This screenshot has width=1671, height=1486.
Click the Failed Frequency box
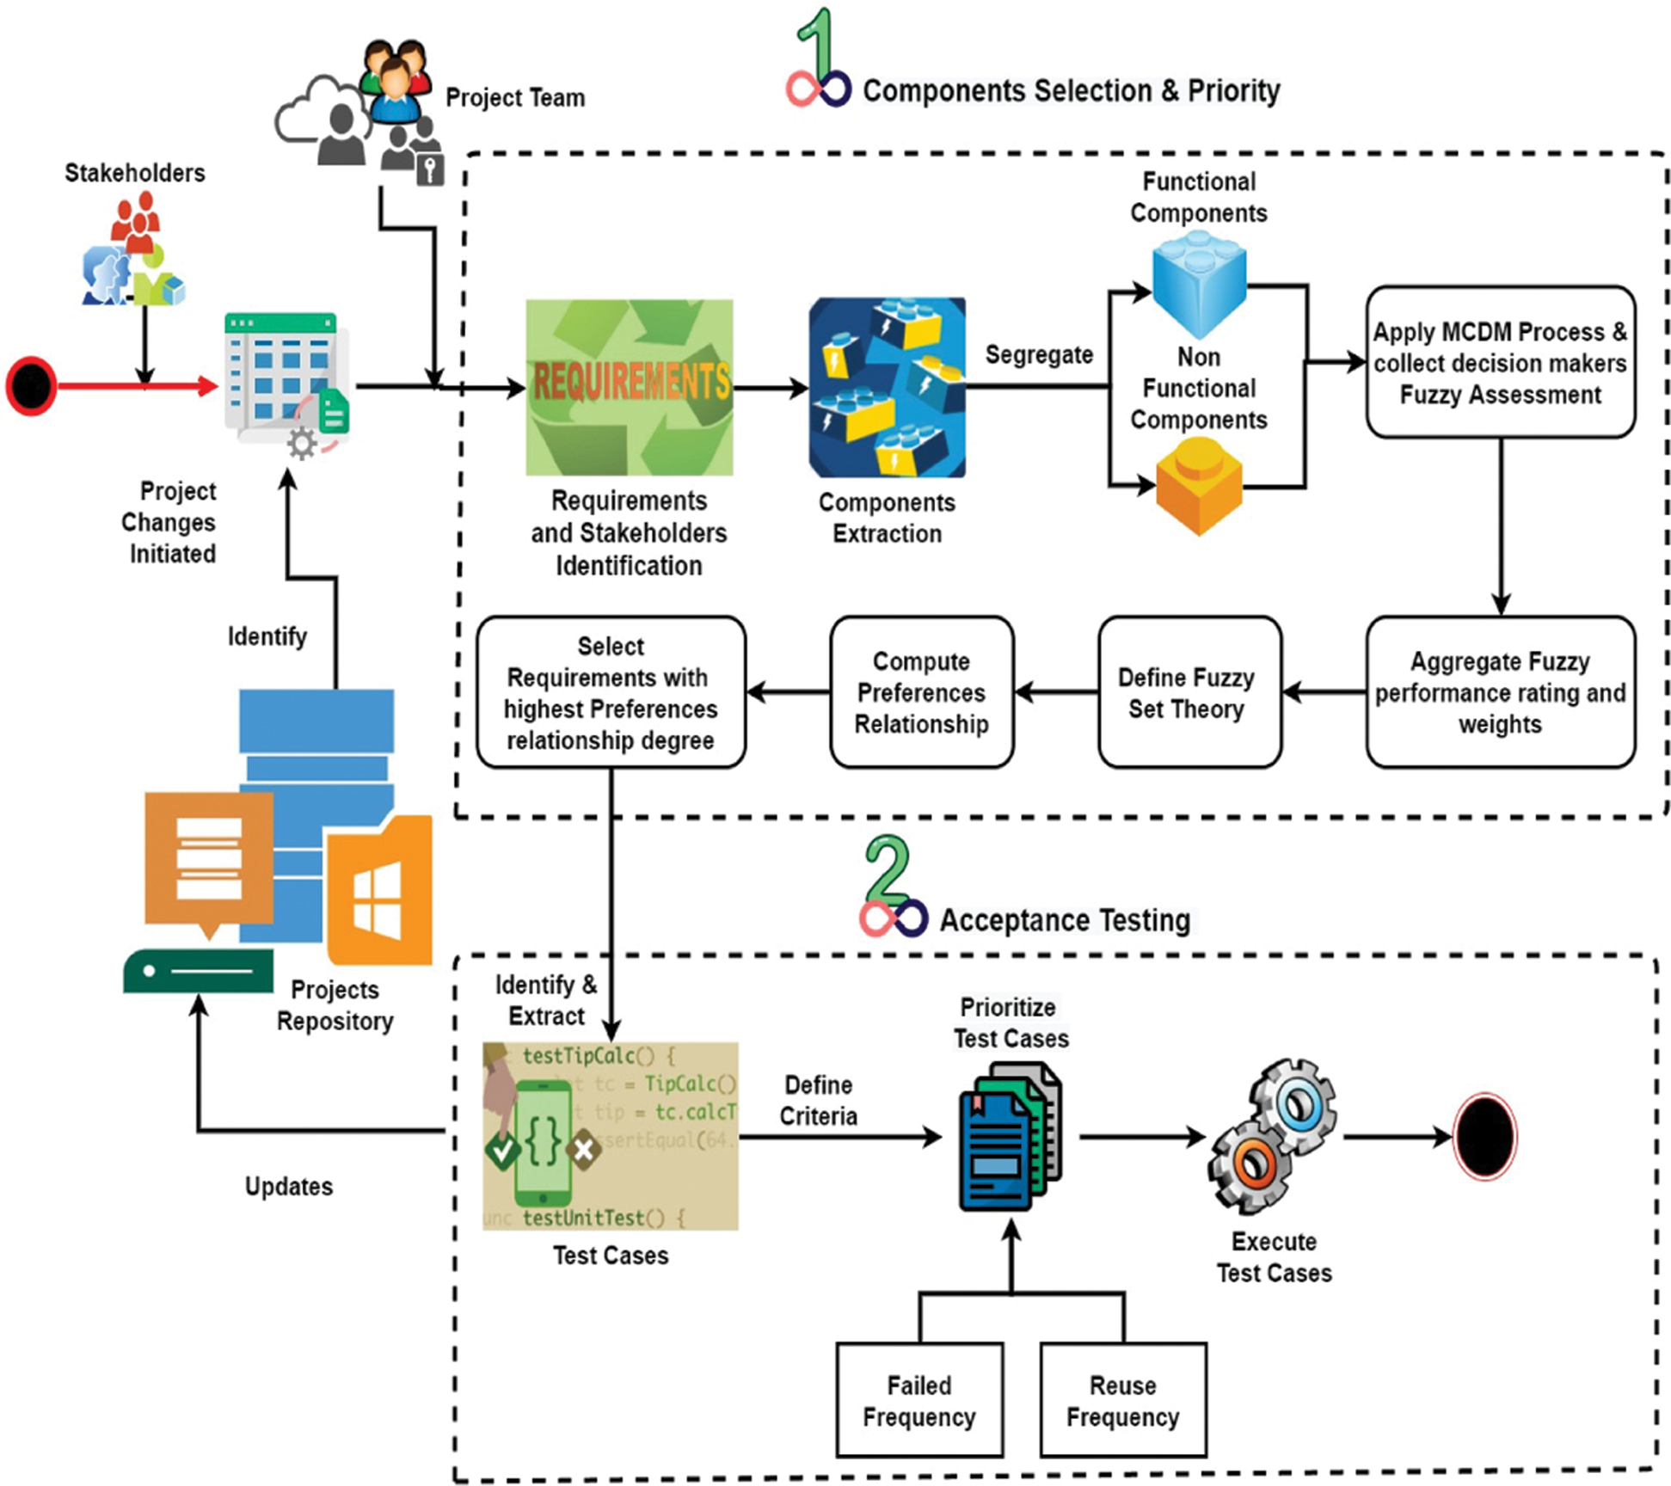tap(919, 1399)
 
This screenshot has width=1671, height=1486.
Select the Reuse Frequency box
tap(1122, 1399)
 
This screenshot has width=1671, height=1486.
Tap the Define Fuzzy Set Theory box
tap(1189, 692)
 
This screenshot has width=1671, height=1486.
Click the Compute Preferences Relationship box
tap(921, 692)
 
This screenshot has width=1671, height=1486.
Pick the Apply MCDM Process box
tap(1500, 362)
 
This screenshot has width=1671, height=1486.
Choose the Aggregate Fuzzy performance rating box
tap(1500, 692)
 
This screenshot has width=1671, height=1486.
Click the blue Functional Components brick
tap(1199, 284)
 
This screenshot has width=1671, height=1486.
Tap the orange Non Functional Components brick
tap(1199, 486)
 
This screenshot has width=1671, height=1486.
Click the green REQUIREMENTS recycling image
tap(630, 387)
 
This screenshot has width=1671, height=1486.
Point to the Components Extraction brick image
tap(887, 387)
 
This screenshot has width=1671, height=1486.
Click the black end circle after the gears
tap(1484, 1136)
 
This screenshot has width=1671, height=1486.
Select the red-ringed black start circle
tap(32, 386)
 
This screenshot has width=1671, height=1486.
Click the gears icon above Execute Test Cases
tap(1273, 1135)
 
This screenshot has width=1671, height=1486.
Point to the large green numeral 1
tap(816, 43)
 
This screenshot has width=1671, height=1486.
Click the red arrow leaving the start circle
tap(138, 386)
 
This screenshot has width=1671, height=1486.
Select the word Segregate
tap(1039, 354)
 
